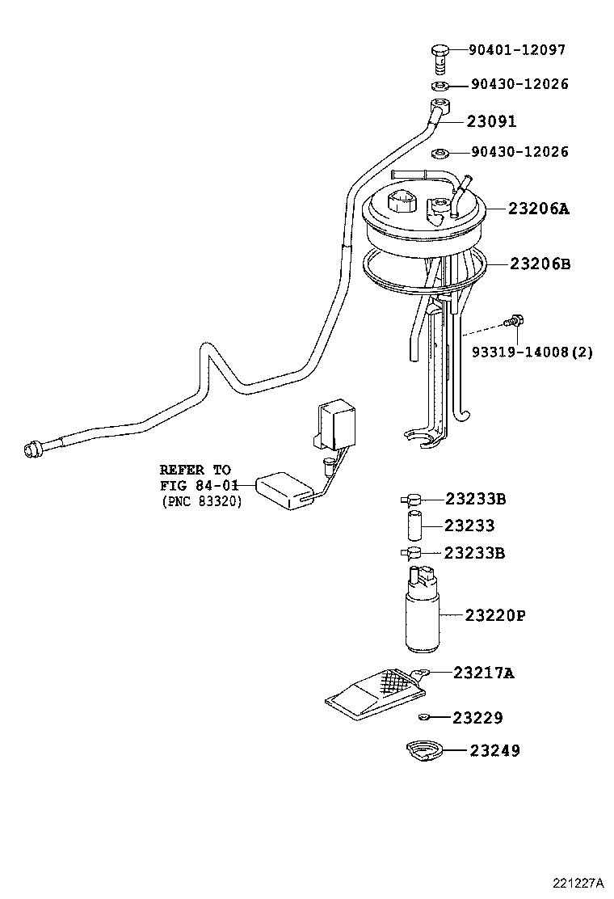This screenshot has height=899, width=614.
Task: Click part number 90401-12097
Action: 517,50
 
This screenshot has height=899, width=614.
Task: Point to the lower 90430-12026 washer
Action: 441,152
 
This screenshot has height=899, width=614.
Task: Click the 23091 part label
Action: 491,121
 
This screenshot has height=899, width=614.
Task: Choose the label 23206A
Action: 539,209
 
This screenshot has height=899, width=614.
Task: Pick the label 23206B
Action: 539,264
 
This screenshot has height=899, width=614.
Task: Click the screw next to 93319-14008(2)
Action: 512,322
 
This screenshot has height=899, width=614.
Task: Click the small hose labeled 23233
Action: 414,525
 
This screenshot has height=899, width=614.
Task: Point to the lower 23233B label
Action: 475,553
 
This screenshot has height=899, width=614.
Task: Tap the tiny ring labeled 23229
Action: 424,718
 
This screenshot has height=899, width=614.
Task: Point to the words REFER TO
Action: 195,470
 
